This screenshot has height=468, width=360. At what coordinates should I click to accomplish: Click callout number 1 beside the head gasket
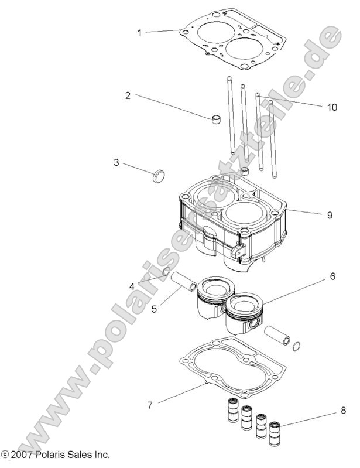[139, 32]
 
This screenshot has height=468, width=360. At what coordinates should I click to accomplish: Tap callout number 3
[116, 162]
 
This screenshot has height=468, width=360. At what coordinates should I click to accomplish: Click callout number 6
[332, 276]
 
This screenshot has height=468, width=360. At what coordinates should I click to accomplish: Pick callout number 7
[150, 405]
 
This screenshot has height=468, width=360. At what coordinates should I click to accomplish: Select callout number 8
[344, 412]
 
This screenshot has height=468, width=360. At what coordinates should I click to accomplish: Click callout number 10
[332, 107]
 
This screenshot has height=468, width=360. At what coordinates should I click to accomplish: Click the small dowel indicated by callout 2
[217, 121]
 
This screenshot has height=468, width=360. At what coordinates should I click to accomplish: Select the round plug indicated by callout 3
[159, 175]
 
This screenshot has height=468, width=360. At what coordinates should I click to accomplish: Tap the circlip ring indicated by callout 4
[166, 271]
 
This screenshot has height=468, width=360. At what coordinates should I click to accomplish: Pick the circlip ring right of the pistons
[299, 346]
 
